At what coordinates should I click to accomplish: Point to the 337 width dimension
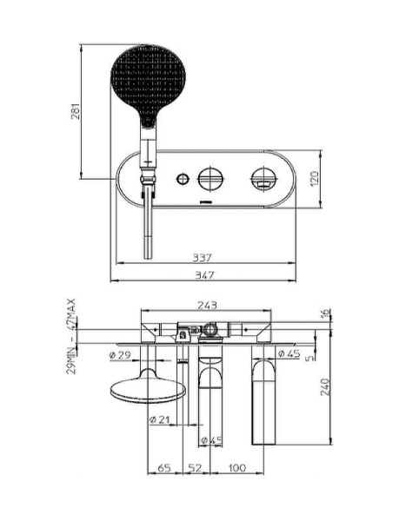203,258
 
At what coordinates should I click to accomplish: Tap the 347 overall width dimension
203,274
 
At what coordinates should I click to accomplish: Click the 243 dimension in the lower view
208,306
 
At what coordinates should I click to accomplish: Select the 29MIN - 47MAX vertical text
73,336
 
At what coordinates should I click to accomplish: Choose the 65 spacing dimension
163,468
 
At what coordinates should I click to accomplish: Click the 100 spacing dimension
236,468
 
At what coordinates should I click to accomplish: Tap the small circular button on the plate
181,180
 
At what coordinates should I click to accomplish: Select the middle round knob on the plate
209,179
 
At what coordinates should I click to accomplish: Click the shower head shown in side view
144,391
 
